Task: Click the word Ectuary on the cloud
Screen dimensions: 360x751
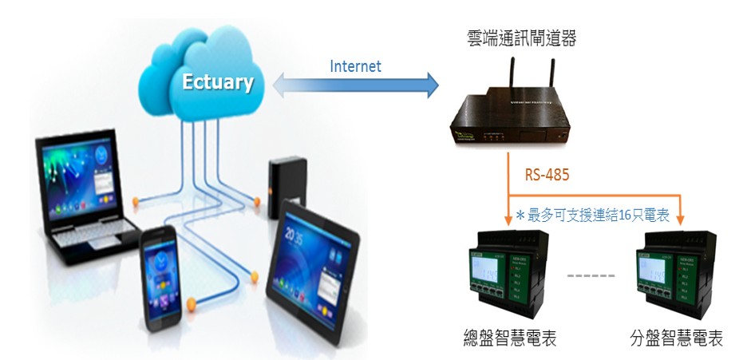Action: [x=217, y=81]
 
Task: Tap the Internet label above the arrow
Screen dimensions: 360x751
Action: [x=355, y=66]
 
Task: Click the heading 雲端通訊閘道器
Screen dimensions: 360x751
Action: [x=522, y=38]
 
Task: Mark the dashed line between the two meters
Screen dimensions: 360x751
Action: [x=591, y=276]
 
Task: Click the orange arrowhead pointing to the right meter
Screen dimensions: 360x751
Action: [x=681, y=219]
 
